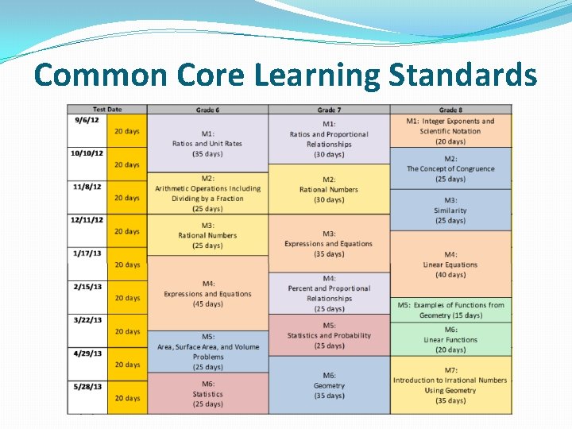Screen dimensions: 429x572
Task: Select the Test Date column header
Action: [x=107, y=110]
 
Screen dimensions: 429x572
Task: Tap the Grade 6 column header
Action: [x=207, y=110]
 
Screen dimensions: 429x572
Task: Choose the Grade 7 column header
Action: [x=328, y=110]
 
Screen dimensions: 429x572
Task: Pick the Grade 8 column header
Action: [x=450, y=110]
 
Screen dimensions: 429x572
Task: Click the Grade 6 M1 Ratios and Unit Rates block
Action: [x=207, y=144]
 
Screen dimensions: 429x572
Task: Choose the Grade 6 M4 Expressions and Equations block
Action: [x=207, y=293]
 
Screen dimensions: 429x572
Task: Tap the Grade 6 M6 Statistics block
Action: [x=207, y=394]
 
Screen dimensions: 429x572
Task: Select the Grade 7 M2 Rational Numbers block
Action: [x=328, y=189]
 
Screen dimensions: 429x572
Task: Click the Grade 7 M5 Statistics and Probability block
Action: [x=328, y=335]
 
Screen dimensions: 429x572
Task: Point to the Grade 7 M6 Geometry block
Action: [x=328, y=385]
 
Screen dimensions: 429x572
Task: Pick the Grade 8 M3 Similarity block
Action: [x=450, y=211]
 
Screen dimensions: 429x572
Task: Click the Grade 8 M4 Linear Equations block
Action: [x=450, y=265]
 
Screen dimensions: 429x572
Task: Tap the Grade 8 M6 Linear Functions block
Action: [x=450, y=339]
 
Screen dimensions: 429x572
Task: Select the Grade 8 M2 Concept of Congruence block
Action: [x=450, y=168]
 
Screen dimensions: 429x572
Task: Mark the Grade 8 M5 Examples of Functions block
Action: [x=450, y=310]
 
